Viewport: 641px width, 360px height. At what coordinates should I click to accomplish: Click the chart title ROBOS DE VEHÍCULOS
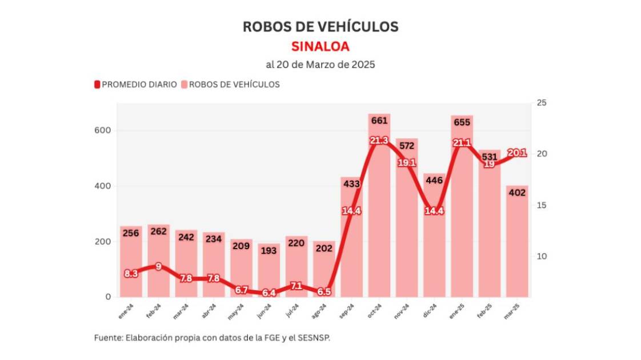coord(320,27)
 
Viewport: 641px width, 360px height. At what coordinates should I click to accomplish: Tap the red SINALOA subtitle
coord(320,46)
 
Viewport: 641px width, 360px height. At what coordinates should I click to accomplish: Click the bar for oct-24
coord(379,229)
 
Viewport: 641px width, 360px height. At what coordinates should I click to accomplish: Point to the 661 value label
coord(379,121)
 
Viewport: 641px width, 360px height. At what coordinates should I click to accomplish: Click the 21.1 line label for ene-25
coord(462,143)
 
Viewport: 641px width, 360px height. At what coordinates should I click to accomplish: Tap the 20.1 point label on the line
coord(516,153)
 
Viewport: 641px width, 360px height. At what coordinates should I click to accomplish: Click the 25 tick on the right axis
coord(540,103)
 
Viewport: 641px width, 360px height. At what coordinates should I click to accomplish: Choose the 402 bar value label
coord(516,192)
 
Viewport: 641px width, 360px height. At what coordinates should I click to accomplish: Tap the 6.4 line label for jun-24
coord(269,293)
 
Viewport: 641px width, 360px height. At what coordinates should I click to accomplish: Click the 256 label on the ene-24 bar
coord(131,233)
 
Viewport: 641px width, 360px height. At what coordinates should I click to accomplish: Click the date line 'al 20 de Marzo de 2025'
coord(320,65)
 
